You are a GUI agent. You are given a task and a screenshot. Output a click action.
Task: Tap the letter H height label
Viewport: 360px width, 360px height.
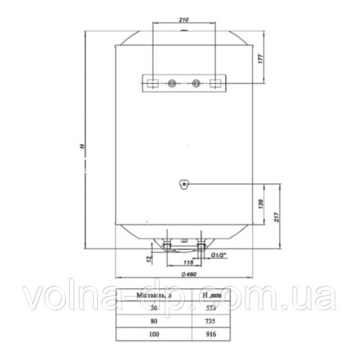click(84, 147)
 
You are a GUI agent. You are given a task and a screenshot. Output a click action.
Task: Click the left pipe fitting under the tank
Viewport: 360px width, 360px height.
click(167, 248)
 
